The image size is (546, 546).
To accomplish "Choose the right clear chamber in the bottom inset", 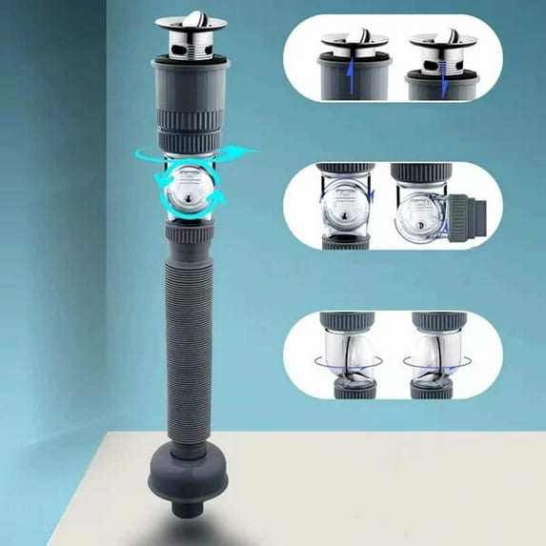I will click(x=437, y=353).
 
